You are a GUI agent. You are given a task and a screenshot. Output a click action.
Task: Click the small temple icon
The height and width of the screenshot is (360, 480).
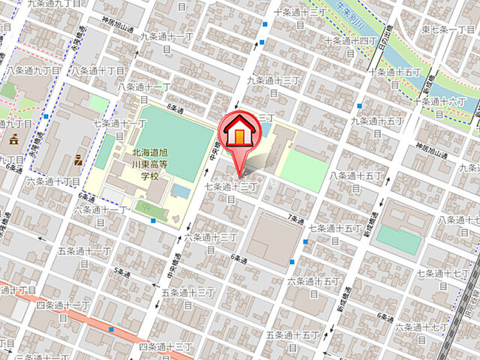(x=13, y=139)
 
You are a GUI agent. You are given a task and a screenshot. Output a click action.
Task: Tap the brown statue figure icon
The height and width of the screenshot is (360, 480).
(x=78, y=159)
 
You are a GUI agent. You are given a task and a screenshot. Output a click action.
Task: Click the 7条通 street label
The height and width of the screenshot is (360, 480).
(x=298, y=219)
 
